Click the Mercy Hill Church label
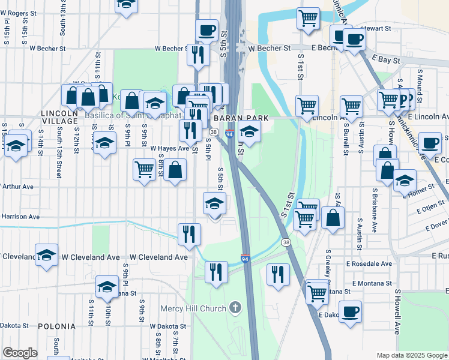tap(193, 308)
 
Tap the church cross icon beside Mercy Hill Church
tap(235, 308)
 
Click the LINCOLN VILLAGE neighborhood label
tap(60, 116)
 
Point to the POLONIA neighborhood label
tap(56, 326)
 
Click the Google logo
tap(20, 353)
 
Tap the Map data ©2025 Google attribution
tap(412, 355)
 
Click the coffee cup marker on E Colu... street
tap(430, 143)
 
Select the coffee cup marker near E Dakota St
tap(350, 311)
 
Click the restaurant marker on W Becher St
tap(197, 55)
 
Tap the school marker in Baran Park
tap(250, 131)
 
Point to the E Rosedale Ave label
tap(369, 263)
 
